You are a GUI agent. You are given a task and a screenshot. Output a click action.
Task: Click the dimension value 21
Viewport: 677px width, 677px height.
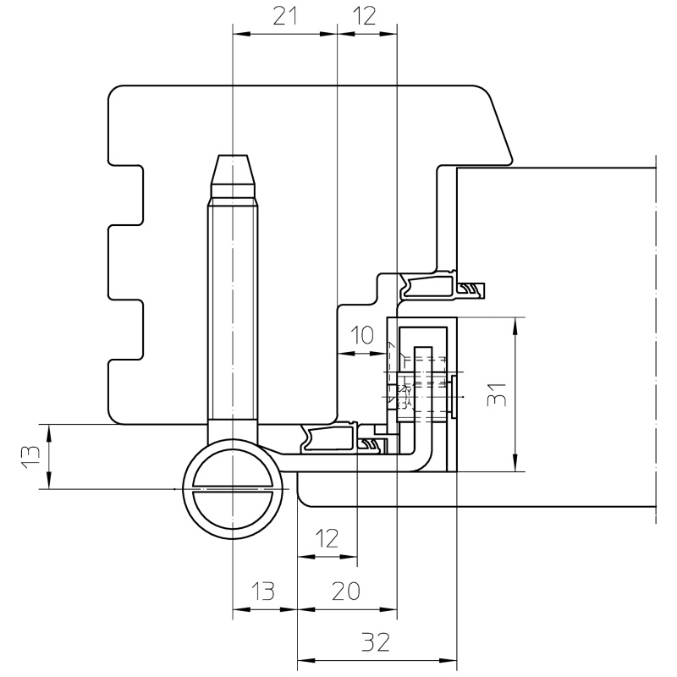click(284, 16)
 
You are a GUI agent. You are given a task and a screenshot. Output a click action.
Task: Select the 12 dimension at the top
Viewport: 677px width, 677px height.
click(366, 16)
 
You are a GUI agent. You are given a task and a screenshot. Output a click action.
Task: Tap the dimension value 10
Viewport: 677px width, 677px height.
click(361, 335)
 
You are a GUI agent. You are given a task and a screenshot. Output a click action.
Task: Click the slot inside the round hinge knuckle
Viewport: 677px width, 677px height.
click(233, 490)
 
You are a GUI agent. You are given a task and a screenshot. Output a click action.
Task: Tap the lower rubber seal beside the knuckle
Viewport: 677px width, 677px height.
click(329, 439)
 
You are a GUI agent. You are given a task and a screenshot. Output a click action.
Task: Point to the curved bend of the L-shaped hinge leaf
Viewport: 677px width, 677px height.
click(423, 457)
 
